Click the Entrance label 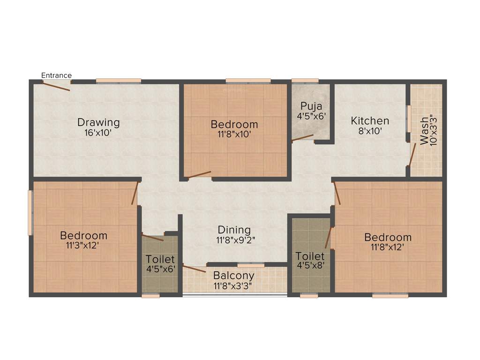[x=56, y=75]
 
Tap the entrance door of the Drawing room [x=57, y=85]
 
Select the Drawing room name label [x=98, y=122]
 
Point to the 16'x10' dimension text [x=98, y=132]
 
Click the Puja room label [x=311, y=105]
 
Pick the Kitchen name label [x=370, y=121]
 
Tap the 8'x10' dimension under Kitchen [x=370, y=131]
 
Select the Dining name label [x=234, y=230]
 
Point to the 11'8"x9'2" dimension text [x=235, y=240]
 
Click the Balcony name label [x=233, y=276]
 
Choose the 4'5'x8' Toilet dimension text [x=310, y=266]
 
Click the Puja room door [x=302, y=138]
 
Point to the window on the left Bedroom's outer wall [x=30, y=212]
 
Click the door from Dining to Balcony [x=194, y=269]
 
